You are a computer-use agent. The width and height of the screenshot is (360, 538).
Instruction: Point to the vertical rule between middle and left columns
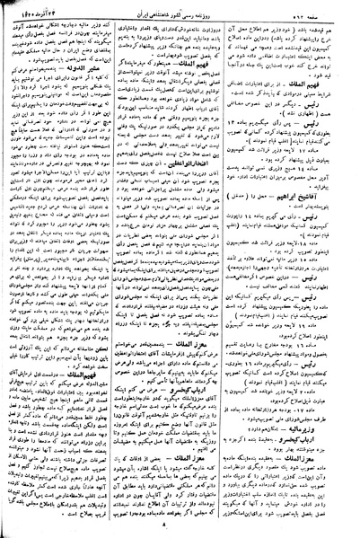(x=122, y=269)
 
